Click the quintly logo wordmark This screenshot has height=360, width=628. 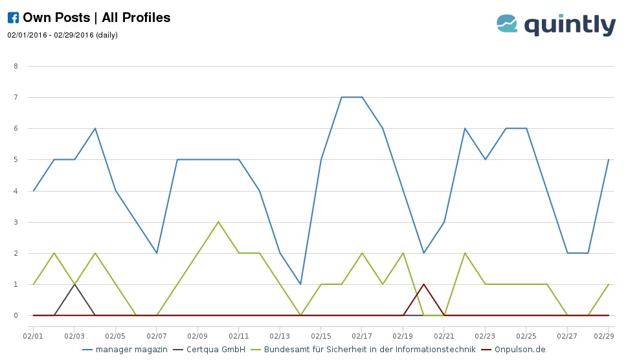click(x=570, y=25)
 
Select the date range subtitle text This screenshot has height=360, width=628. click(x=62, y=35)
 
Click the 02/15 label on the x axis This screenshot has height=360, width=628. click(x=321, y=337)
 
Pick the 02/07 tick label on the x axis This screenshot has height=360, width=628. click(x=157, y=337)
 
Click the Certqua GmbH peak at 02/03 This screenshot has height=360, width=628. click(x=74, y=284)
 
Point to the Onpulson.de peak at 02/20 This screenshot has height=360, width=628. click(x=423, y=284)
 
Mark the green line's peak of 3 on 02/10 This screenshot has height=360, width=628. click(x=218, y=222)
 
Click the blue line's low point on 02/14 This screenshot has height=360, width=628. click(x=300, y=284)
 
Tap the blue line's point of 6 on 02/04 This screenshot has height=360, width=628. click(x=95, y=128)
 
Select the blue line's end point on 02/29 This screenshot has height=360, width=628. click(x=609, y=160)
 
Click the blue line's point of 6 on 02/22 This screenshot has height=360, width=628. click(x=465, y=128)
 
